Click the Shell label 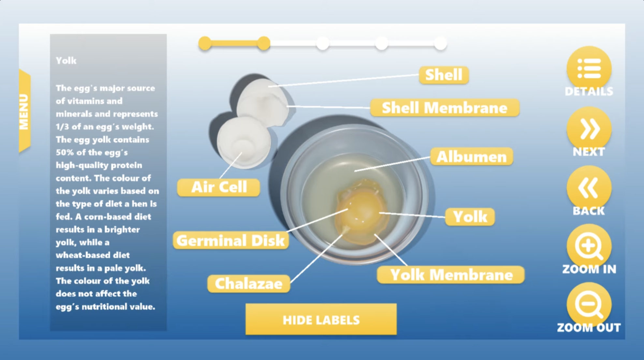click(444, 75)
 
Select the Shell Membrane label click(445, 108)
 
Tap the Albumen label click(471, 157)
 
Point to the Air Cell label click(219, 187)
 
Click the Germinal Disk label click(231, 241)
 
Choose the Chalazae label click(249, 284)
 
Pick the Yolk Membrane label click(451, 275)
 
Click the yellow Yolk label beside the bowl click(470, 217)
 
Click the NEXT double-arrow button click(589, 129)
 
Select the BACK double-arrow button click(589, 188)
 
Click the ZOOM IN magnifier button click(589, 246)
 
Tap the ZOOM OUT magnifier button click(589, 305)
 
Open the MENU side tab click(25, 111)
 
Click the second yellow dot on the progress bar click(263, 43)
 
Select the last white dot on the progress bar click(440, 43)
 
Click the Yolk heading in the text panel click(66, 61)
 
